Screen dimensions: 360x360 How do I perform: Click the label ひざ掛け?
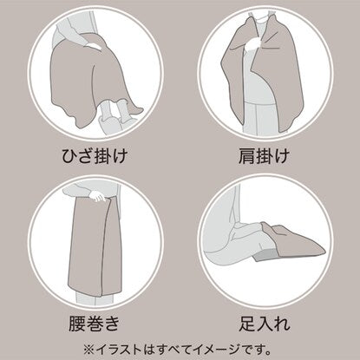(x=95, y=156)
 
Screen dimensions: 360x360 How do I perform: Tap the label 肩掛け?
(x=264, y=156)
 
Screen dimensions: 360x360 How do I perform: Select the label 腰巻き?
(x=94, y=324)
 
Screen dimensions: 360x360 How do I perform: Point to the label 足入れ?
(x=265, y=324)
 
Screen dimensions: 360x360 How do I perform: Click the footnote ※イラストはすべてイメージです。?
(x=178, y=350)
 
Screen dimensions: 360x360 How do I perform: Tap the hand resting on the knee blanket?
(x=93, y=45)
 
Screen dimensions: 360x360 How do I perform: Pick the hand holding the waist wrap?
(x=97, y=196)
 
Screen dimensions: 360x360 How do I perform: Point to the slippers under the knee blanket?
(x=111, y=115)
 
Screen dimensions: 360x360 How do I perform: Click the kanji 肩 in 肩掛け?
(x=246, y=156)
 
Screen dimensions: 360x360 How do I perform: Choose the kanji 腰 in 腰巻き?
(x=77, y=324)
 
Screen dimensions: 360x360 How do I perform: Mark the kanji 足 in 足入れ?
(x=247, y=324)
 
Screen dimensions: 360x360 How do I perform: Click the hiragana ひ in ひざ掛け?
(x=70, y=156)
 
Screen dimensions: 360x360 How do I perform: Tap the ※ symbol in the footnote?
(x=88, y=350)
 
